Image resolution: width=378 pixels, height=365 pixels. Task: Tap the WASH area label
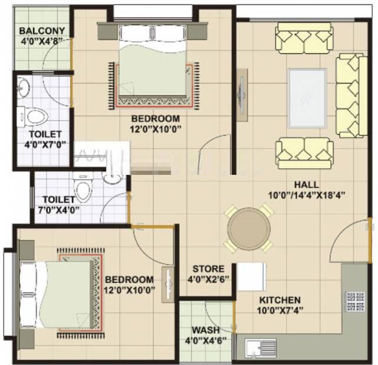pos(208,330)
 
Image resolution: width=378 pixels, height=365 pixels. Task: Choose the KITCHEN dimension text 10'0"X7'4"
pos(280,310)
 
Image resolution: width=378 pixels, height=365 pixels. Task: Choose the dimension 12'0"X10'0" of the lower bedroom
pos(129,290)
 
